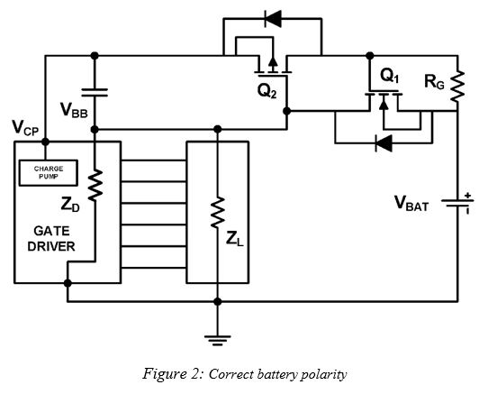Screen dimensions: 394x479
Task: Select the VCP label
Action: (x=25, y=129)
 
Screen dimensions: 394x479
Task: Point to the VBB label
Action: (x=75, y=110)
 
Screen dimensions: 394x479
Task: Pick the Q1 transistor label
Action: (x=390, y=73)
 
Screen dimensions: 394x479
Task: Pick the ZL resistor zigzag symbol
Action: (x=217, y=214)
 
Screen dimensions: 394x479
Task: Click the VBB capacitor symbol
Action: (x=95, y=92)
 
